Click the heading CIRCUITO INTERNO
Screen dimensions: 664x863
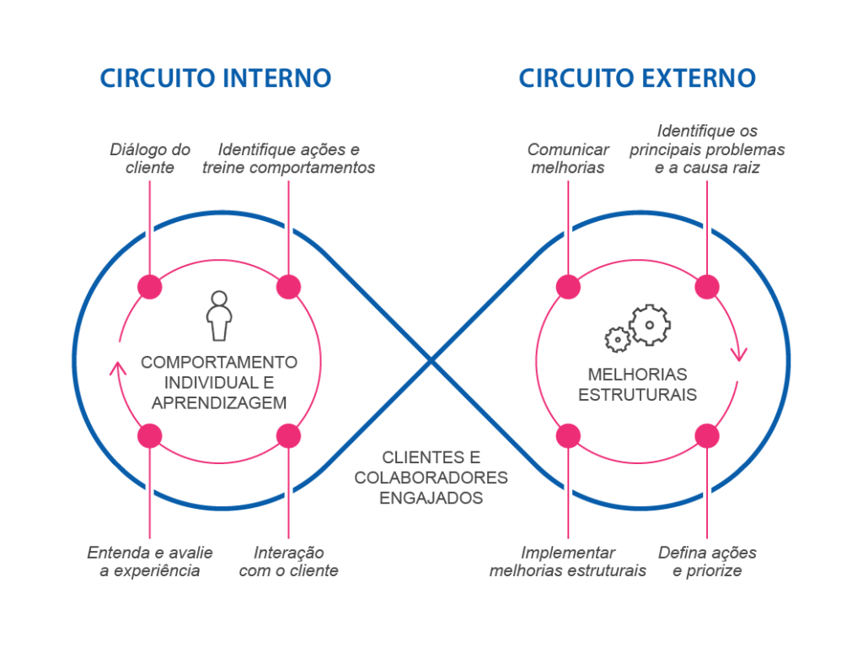point(215,78)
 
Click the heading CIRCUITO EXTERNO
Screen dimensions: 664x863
point(636,78)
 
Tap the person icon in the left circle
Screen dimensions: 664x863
point(219,316)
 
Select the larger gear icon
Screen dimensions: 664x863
point(649,325)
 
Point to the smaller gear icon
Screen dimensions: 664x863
point(618,339)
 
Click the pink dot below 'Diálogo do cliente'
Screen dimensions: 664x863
point(149,287)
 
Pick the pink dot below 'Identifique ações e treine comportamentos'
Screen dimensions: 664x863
point(288,287)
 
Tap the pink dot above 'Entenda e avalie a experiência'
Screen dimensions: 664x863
point(149,435)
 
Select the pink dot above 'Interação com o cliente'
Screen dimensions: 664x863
point(288,435)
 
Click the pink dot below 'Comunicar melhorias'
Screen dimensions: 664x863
point(568,287)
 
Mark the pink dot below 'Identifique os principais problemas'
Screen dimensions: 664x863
point(707,287)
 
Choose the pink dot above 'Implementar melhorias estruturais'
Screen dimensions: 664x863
point(568,435)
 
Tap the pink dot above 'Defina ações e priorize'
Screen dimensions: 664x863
point(707,435)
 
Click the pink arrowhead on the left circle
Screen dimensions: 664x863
point(118,367)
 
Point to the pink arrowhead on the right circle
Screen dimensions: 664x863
point(739,354)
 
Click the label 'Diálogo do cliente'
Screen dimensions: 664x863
point(150,158)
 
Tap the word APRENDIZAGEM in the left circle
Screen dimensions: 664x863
point(219,403)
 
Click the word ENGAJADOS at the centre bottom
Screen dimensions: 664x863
point(431,498)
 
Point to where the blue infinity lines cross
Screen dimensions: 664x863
point(431,361)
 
